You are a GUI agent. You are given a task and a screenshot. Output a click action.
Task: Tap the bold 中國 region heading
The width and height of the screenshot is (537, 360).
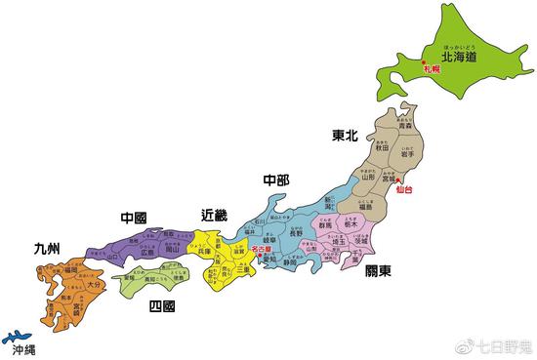[x=133, y=217]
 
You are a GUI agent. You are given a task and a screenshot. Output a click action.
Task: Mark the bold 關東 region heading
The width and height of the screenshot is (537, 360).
[x=378, y=272]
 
